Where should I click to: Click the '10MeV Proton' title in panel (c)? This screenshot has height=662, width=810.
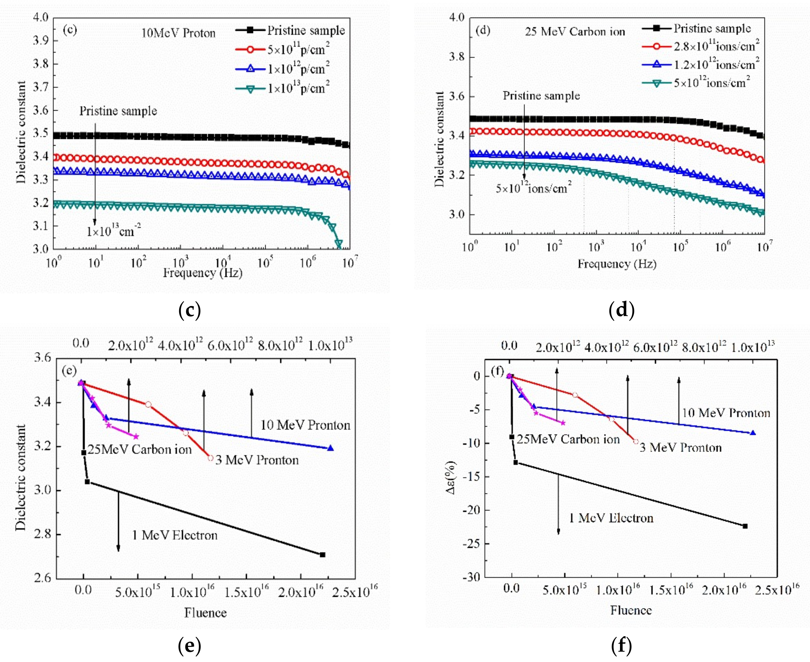click(x=178, y=33)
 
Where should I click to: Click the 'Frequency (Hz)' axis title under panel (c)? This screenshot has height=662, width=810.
click(x=202, y=273)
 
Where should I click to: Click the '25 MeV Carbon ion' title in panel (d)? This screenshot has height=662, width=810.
click(x=575, y=32)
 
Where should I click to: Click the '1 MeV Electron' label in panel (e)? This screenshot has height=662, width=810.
click(x=175, y=535)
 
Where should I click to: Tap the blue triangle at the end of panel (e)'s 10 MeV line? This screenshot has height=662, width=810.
click(x=330, y=448)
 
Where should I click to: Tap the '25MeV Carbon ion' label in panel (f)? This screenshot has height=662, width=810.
click(x=568, y=439)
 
